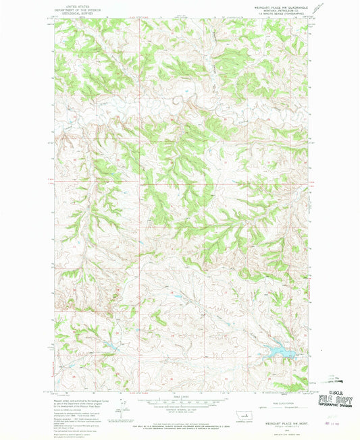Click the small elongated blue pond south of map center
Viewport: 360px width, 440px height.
[176, 296]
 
